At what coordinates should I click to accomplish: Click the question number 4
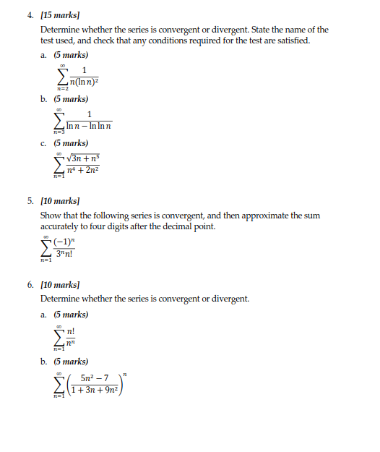pyautogui.click(x=31, y=14)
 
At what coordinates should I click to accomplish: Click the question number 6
pyautogui.click(x=31, y=285)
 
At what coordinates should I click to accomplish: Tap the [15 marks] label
pyautogui.click(x=61, y=14)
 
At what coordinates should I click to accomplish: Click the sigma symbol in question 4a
pyautogui.click(x=62, y=75)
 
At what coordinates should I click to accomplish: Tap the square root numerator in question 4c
pyautogui.click(x=81, y=159)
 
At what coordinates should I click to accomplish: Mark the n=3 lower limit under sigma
pyautogui.click(x=58, y=135)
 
